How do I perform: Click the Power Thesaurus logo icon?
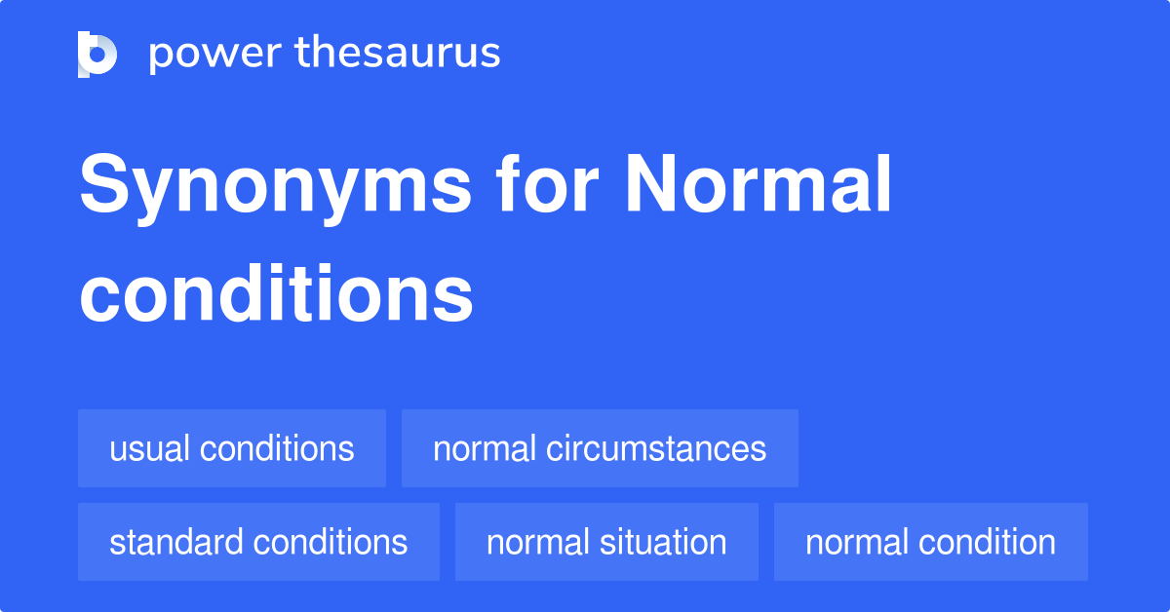point(97,54)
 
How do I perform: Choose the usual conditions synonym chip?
point(232,448)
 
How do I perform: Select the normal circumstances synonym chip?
point(600,448)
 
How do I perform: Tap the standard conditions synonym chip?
point(258,542)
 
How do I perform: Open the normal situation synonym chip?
point(606,542)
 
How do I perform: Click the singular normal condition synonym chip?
point(930,542)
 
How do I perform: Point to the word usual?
point(149,448)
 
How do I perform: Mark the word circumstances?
point(656,448)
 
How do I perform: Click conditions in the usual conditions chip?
point(277,448)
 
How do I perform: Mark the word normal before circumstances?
point(485,448)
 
